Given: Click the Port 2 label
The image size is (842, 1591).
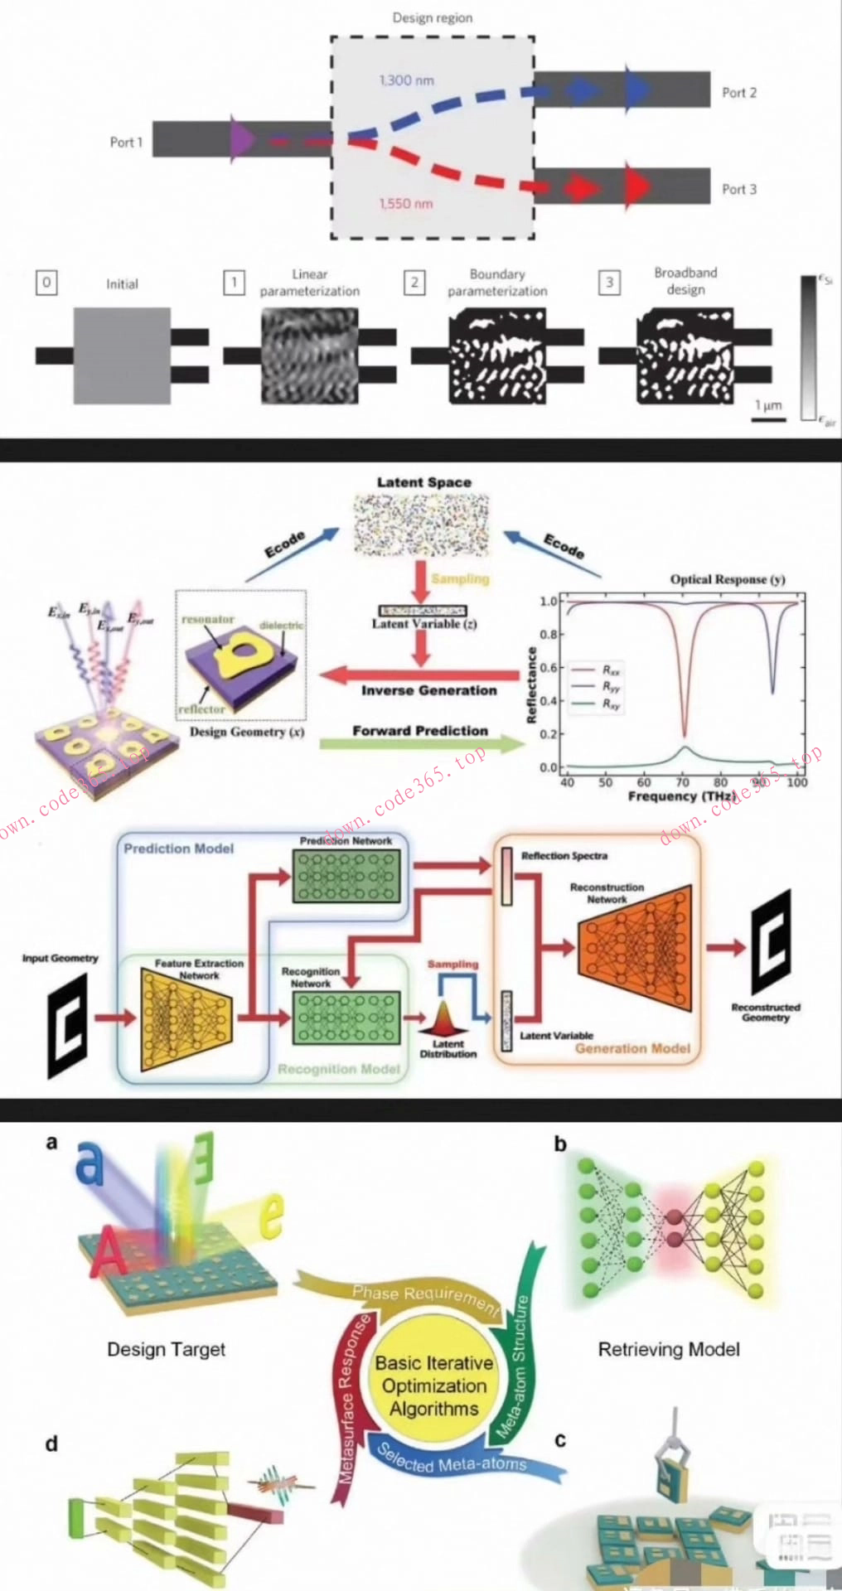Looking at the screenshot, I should [x=738, y=93].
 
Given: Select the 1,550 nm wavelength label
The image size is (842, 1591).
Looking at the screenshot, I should [x=406, y=204].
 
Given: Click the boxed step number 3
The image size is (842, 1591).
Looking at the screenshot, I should [x=609, y=283].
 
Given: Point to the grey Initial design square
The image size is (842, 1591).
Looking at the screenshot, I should [x=122, y=355].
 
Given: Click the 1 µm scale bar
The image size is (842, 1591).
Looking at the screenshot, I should [x=768, y=419].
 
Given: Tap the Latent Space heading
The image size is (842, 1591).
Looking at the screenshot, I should [x=423, y=482].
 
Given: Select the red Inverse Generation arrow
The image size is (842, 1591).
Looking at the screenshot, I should [x=419, y=674].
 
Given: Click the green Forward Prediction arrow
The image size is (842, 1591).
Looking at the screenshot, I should [x=423, y=743].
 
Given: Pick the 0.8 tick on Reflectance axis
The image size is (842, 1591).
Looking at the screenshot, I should [x=549, y=635].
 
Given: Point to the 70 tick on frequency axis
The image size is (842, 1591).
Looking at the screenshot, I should [x=683, y=781].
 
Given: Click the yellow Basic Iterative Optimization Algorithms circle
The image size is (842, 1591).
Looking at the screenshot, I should [x=433, y=1385].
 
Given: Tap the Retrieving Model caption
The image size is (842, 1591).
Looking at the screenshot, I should [x=669, y=1350].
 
